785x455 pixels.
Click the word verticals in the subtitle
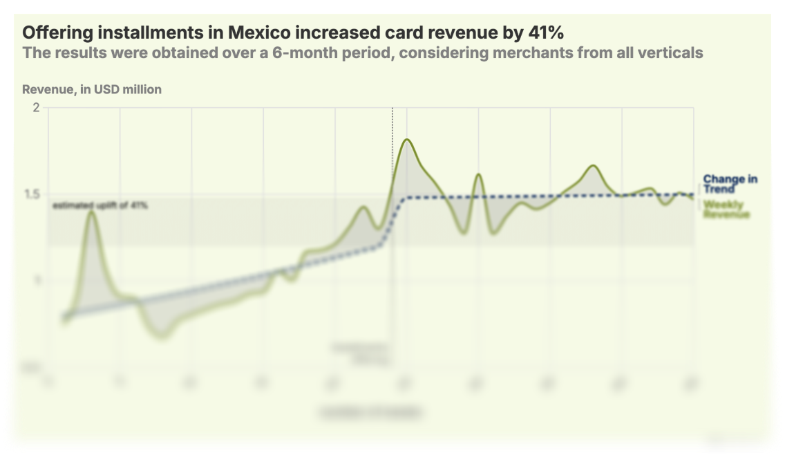(x=671, y=53)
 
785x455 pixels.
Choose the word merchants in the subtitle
(x=522, y=53)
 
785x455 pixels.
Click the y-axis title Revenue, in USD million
(x=92, y=89)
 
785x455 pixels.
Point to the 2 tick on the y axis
(x=36, y=107)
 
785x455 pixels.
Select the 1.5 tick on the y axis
(x=32, y=194)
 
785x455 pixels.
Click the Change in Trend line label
(x=729, y=184)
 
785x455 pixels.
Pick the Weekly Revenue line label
(x=726, y=210)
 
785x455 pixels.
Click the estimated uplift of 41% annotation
(x=100, y=205)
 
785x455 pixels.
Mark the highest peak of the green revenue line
(x=407, y=140)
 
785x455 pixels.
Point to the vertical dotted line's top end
(x=392, y=109)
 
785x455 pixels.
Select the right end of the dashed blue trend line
(x=692, y=195)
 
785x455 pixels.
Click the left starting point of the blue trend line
(x=64, y=316)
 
